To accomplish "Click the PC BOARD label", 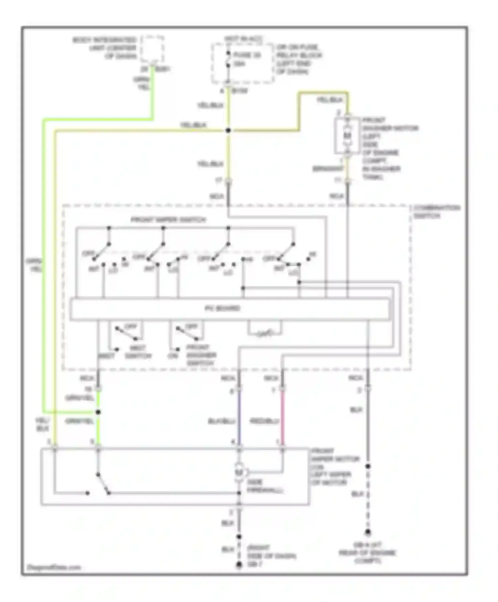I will coord(222,308).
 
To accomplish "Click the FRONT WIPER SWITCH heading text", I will coord(168,220).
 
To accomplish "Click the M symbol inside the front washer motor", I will coord(347,135).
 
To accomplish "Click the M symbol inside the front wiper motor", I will coord(239,472).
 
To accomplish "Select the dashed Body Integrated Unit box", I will coord(152,49).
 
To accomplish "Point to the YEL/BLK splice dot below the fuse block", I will coord(228,130).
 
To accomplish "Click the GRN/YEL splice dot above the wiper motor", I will coord(98,412).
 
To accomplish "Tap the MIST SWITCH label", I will coord(138,352).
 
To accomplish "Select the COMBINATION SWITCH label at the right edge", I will coord(436,212).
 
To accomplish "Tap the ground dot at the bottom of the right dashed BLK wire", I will coord(368,533).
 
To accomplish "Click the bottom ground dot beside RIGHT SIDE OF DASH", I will coord(239,564).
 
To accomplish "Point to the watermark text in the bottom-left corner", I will coord(54,567).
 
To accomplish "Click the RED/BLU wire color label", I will coord(264,421).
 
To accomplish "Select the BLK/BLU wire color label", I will coord(221,421).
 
